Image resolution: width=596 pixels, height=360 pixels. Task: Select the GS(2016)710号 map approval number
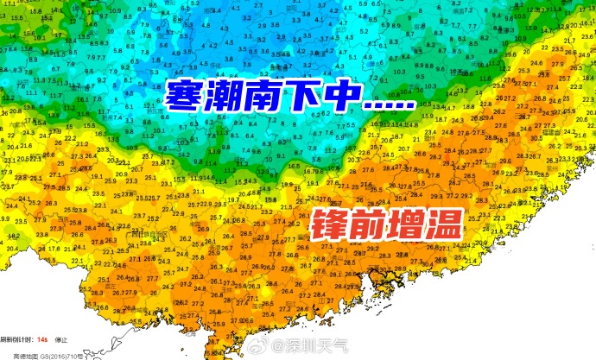[60, 353]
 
